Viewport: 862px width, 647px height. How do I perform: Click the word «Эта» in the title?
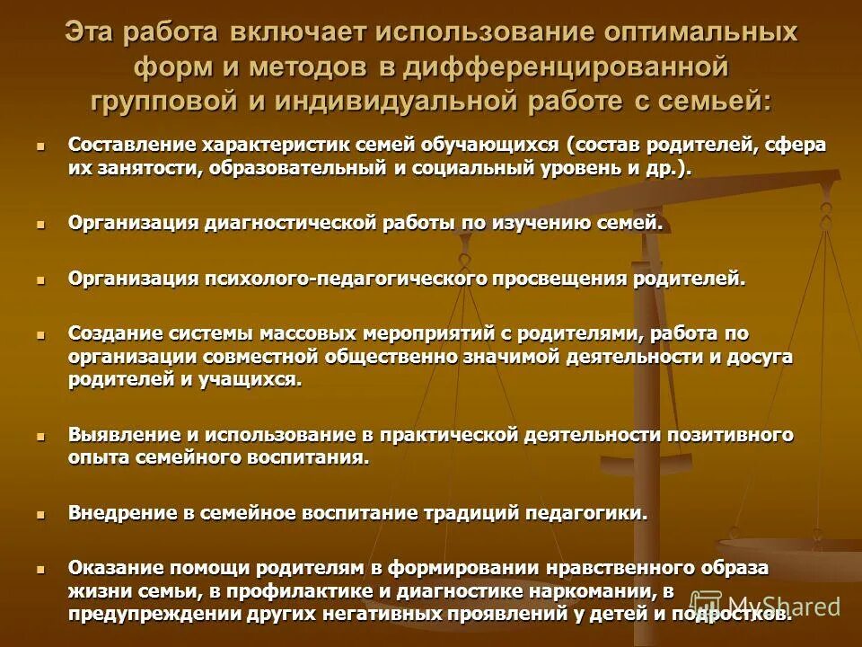tap(92, 32)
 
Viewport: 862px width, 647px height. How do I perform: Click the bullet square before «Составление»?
tap(40, 145)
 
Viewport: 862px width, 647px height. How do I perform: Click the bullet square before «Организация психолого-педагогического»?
tap(40, 279)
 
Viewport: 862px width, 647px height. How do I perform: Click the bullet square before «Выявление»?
tap(40, 434)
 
